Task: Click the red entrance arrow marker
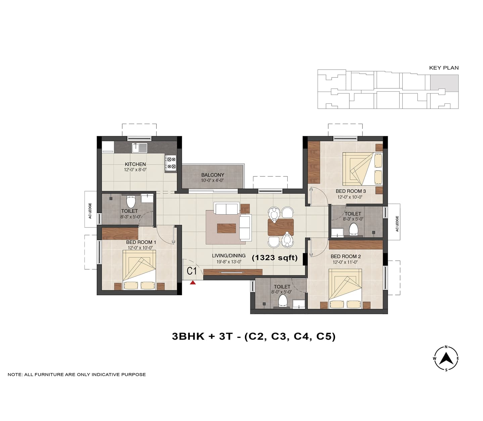point(193,282)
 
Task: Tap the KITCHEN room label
point(135,164)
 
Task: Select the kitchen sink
point(140,148)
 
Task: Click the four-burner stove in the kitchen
point(171,163)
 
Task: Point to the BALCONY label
point(212,175)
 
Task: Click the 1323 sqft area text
point(275,258)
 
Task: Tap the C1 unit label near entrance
point(192,271)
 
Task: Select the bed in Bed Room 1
point(140,270)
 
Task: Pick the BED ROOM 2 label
point(346,256)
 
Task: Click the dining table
point(281,227)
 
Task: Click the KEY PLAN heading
point(444,68)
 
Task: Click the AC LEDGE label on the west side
point(90,211)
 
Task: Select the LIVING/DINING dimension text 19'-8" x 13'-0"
point(229,261)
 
